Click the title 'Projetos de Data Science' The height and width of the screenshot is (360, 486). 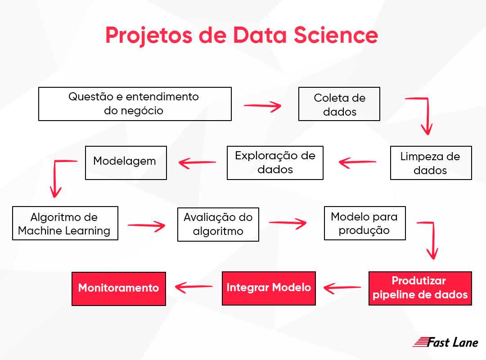[242, 36]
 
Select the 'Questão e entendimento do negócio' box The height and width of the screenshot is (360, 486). [135, 104]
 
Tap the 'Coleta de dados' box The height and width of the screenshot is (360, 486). [339, 104]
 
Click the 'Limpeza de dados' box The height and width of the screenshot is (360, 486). [431, 163]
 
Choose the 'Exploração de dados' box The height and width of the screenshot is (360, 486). [275, 162]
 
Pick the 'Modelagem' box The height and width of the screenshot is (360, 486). [126, 162]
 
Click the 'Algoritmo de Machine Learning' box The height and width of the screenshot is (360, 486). [65, 223]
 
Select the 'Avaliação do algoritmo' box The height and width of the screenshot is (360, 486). [218, 224]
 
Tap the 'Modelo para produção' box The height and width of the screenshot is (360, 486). [364, 223]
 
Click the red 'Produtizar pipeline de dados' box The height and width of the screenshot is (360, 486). [420, 288]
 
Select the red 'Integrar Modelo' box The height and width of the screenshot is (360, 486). [269, 288]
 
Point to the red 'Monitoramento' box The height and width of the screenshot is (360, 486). [119, 288]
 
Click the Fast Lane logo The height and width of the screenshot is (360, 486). [445, 342]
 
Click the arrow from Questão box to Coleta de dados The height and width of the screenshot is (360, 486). [262, 106]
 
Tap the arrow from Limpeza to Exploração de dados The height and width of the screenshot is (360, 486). [357, 162]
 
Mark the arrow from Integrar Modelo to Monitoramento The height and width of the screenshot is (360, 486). [193, 287]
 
